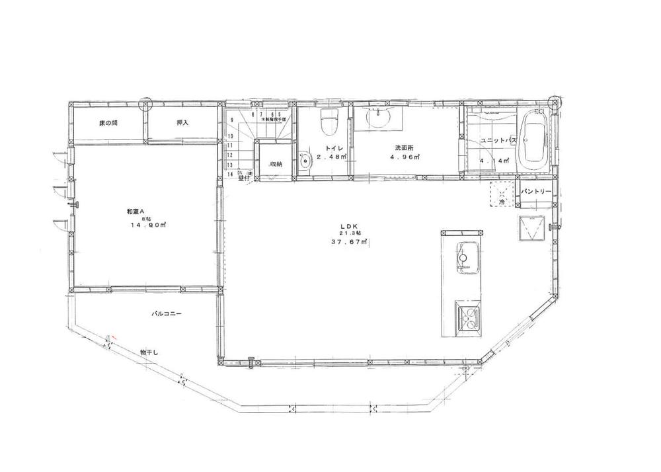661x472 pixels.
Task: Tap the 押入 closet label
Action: click(x=182, y=123)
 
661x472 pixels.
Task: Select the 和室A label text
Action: click(x=136, y=212)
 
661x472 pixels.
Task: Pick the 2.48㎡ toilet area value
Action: click(x=329, y=157)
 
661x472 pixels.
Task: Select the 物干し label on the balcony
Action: click(x=149, y=353)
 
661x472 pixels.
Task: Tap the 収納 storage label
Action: click(x=276, y=164)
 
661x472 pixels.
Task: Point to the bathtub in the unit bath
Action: click(x=534, y=141)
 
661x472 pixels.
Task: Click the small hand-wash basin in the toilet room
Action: click(x=304, y=161)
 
